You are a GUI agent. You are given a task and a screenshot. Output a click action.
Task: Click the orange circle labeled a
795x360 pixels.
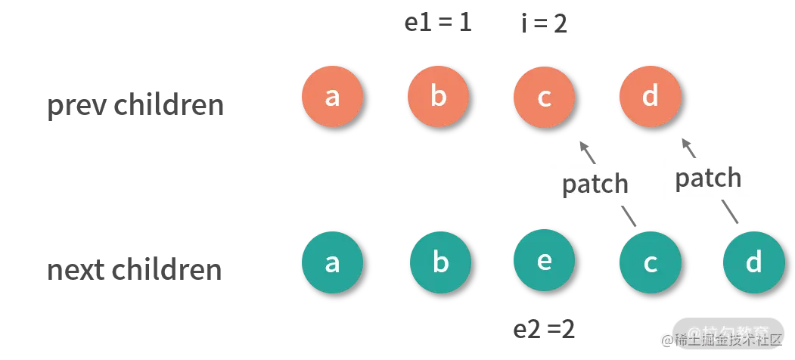pyautogui.click(x=332, y=97)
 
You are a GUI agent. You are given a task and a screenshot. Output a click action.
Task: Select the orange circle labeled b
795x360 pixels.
pyautogui.click(x=438, y=97)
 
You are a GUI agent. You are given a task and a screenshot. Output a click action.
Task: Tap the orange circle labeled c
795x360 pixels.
pyautogui.click(x=544, y=97)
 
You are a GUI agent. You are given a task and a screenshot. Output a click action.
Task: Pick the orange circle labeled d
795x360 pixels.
pyautogui.click(x=650, y=97)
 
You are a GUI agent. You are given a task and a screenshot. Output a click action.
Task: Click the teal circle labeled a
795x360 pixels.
pyautogui.click(x=332, y=263)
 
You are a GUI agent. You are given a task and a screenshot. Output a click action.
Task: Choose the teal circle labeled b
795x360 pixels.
pyautogui.click(x=440, y=263)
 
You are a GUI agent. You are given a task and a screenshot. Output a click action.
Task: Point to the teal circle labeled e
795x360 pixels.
pyautogui.click(x=544, y=261)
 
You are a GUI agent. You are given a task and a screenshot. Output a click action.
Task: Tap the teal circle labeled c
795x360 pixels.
pyautogui.click(x=650, y=263)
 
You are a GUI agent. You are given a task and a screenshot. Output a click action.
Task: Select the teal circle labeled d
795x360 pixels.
pyautogui.click(x=753, y=263)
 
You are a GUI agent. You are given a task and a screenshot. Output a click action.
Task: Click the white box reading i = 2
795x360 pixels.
pyautogui.click(x=544, y=24)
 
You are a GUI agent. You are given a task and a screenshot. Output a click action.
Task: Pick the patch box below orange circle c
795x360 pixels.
pyautogui.click(x=594, y=184)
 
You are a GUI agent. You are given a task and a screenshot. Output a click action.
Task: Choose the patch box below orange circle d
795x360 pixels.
pyautogui.click(x=707, y=178)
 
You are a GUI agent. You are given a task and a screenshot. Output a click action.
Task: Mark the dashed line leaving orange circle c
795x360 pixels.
pyautogui.click(x=586, y=151)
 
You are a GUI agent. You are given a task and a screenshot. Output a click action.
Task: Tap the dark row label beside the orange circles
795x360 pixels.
pyautogui.click(x=136, y=104)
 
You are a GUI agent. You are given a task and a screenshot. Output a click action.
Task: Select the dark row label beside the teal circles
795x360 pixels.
pyautogui.click(x=136, y=271)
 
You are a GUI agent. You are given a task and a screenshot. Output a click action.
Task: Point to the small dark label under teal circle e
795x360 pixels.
pyautogui.click(x=542, y=327)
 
